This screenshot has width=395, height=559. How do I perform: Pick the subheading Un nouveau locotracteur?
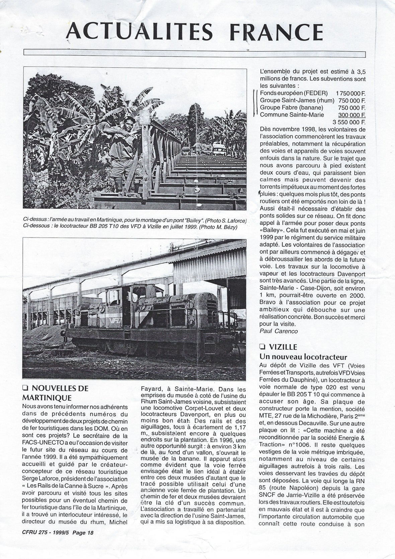click(x=303, y=356)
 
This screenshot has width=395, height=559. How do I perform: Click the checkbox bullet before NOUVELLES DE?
click(x=25, y=388)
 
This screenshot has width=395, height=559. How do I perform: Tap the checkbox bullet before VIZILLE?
click(x=262, y=347)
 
